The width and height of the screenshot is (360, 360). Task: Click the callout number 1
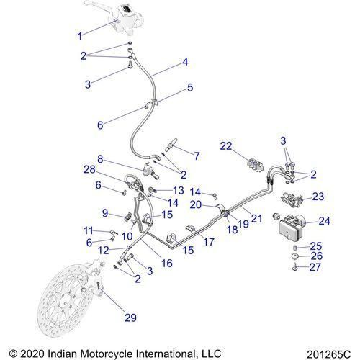click(80, 35)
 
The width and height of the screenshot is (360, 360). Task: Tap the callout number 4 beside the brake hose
click(185, 63)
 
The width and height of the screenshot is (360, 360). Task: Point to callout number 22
click(227, 146)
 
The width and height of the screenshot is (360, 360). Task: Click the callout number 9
click(105, 213)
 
